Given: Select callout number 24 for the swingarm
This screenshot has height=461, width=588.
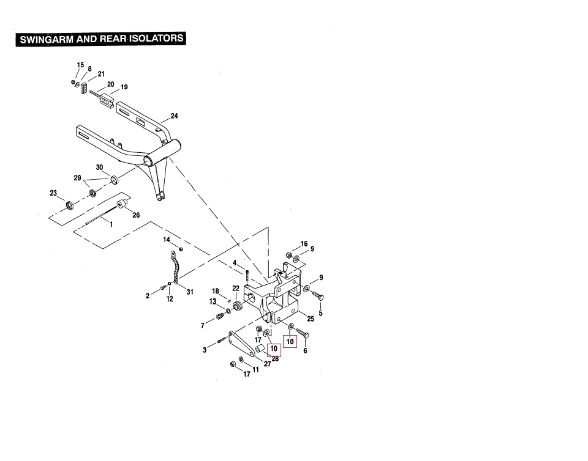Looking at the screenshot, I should point(174,116).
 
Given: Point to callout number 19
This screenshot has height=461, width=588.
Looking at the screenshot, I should point(124,87).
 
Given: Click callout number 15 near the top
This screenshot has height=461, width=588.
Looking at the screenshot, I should point(80,65).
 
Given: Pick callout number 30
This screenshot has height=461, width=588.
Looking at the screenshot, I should point(99,168).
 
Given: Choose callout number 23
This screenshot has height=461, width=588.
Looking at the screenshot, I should point(53,193).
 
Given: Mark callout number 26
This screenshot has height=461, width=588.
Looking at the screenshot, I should point(136,215).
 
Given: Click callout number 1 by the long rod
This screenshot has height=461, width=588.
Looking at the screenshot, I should point(111,224).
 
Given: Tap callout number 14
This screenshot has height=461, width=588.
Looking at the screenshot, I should point(166,240).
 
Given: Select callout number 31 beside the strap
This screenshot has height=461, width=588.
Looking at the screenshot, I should point(190,292).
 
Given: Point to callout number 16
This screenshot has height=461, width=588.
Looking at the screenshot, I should point(304,244).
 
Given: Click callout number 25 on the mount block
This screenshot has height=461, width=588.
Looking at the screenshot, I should point(311,319).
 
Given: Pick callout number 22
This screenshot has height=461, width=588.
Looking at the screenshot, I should point(236,288).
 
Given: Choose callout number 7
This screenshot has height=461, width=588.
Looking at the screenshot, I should point(203,325).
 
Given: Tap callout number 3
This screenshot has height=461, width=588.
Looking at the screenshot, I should point(205,350).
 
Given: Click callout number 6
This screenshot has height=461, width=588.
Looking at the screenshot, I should point(305,351).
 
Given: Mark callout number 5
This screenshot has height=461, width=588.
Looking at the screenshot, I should point(321,314).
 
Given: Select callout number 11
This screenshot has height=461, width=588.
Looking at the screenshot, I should point(255,370).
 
